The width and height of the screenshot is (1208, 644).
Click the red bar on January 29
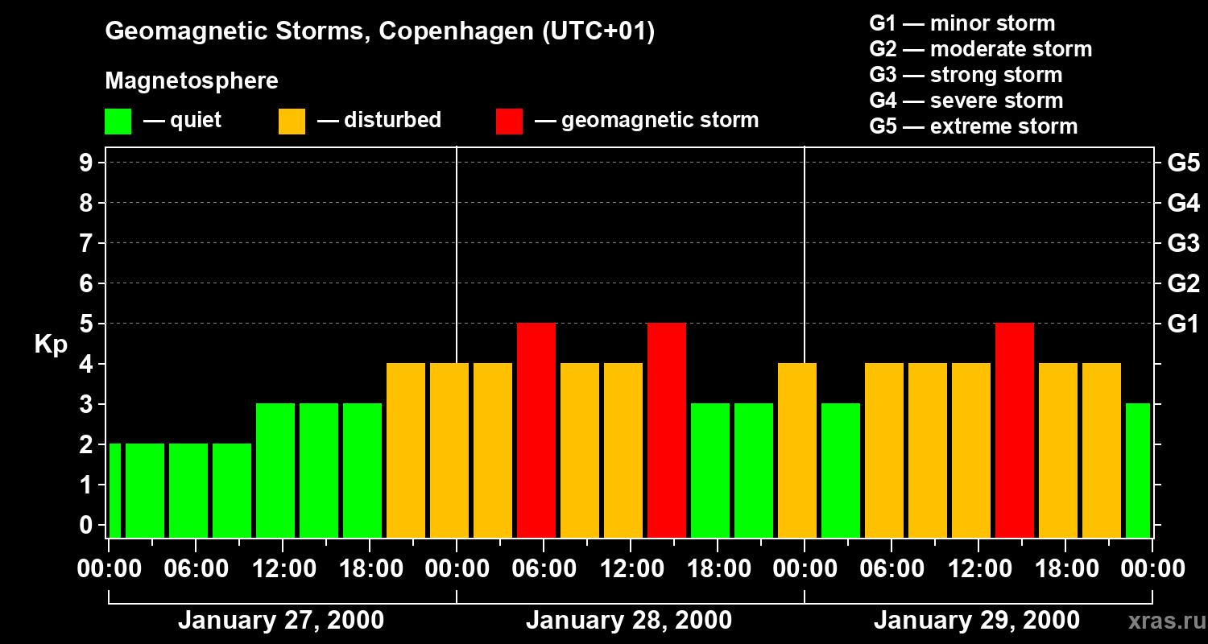tap(1014, 431)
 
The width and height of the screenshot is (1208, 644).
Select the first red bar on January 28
tap(536, 431)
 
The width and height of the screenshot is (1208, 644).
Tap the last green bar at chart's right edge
tap(1137, 471)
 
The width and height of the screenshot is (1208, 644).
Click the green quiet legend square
tap(118, 122)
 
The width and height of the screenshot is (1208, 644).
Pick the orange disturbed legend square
tap(292, 122)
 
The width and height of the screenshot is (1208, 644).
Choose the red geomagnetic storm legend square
tap(509, 122)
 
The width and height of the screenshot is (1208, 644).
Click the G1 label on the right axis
tap(1183, 324)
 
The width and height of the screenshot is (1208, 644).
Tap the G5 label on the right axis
tap(1183, 163)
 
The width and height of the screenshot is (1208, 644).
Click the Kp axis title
tap(51, 345)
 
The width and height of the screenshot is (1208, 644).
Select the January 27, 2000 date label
tap(281, 621)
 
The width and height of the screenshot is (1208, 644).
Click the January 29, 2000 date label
tap(976, 621)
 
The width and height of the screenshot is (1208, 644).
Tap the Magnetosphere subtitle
tap(192, 81)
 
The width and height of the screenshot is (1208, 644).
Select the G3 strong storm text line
tap(966, 75)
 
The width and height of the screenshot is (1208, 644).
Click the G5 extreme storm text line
tap(973, 126)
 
